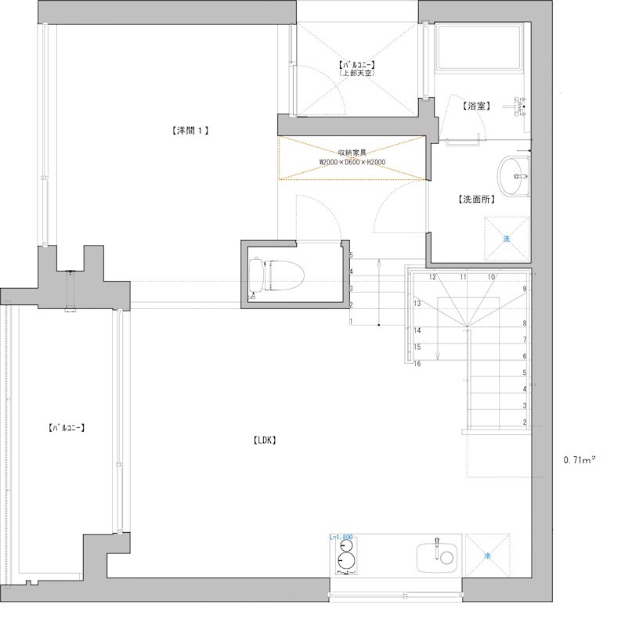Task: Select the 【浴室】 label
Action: [x=476, y=105]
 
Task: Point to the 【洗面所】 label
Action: [x=476, y=200]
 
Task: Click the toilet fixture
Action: [x=275, y=275]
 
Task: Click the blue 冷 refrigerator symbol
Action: [x=486, y=557]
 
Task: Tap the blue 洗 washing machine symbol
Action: [x=506, y=239]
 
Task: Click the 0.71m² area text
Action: [x=579, y=460]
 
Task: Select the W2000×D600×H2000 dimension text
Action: [x=352, y=163]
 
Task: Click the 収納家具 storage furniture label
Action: [x=352, y=153]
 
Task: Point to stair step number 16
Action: [x=417, y=363]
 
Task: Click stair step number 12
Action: [x=432, y=277]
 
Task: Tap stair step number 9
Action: [x=525, y=289]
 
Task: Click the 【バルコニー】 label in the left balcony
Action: [x=66, y=428]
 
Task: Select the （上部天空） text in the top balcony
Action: [x=357, y=73]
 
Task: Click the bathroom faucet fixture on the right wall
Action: [x=518, y=106]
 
